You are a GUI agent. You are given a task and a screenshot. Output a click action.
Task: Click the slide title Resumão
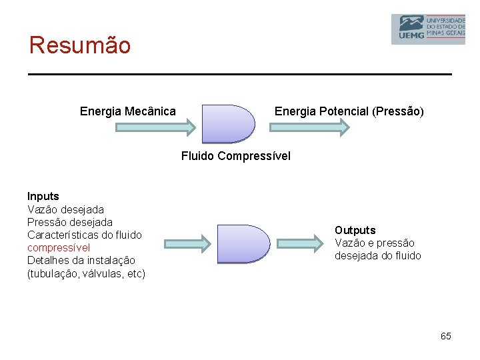80,45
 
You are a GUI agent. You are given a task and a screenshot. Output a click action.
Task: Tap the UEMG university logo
427,29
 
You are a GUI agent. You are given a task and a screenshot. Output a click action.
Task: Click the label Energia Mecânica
128,111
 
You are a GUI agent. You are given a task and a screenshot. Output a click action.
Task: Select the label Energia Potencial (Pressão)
349,111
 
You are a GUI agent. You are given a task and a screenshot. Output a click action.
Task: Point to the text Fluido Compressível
236,157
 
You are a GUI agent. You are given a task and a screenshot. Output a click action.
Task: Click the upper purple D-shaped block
227,124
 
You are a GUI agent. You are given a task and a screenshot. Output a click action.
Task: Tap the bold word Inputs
43,197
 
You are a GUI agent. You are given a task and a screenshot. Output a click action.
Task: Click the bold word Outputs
355,231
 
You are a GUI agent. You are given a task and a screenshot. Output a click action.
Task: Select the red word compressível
59,248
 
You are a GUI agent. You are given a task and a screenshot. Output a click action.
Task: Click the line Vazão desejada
65,209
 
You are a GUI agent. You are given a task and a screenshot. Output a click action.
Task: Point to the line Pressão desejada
70,222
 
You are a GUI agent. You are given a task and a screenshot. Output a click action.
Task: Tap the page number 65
445,336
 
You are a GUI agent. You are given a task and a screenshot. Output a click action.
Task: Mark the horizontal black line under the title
240,73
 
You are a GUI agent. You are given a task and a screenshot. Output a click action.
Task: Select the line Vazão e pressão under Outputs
374,243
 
